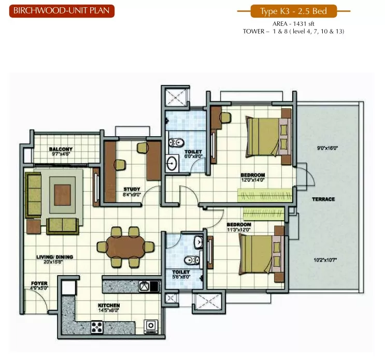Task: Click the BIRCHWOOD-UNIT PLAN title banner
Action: pos(62,11)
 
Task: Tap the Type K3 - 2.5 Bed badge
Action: pos(294,11)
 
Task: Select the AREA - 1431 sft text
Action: pos(293,24)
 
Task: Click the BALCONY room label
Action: pos(61,149)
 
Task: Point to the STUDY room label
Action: pos(132,189)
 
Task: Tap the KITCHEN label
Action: pos(109,305)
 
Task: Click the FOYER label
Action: pos(39,283)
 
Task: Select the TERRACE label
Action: pos(323,199)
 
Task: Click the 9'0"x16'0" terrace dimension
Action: pos(327,148)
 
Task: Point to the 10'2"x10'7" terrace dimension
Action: pos(325,260)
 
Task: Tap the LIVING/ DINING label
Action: pos(54,257)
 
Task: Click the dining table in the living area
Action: pos(126,247)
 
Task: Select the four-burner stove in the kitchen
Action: pos(97,327)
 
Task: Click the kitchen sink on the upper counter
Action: pos(145,286)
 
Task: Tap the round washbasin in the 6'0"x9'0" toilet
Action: pos(172,163)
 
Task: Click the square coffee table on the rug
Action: pos(63,195)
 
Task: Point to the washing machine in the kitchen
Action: pos(150,326)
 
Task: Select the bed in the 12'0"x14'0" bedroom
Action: pos(268,136)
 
